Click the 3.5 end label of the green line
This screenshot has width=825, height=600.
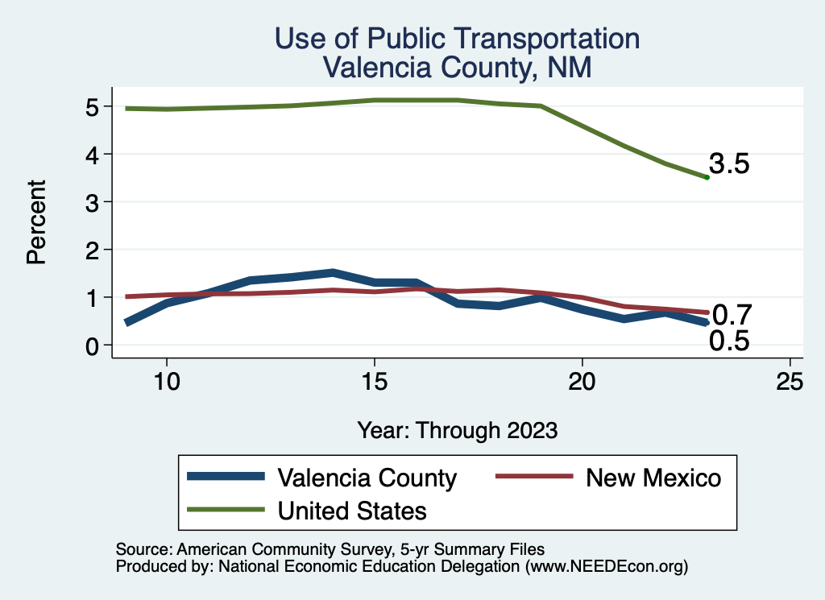click(x=729, y=164)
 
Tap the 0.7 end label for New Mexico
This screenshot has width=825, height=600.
click(x=732, y=313)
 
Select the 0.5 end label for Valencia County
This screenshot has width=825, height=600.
click(x=729, y=341)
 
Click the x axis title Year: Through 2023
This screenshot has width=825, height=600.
click(x=457, y=430)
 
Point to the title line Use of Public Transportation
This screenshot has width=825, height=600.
click(x=457, y=39)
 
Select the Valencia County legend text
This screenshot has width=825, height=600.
click(x=367, y=478)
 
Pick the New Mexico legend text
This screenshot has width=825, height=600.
click(x=653, y=478)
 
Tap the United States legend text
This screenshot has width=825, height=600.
click(x=352, y=510)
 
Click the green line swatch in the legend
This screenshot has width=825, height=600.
click(x=226, y=509)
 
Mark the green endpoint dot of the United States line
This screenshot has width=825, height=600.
click(x=707, y=177)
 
